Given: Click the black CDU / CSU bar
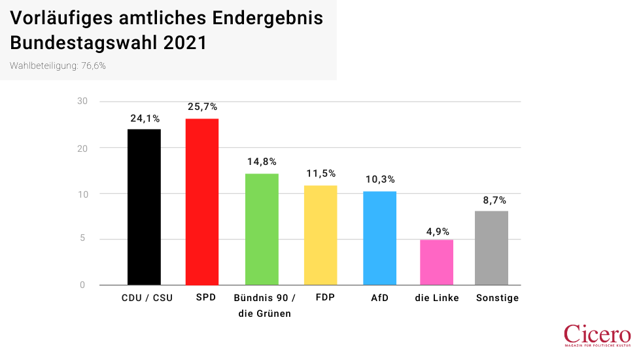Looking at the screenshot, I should pos(144,207).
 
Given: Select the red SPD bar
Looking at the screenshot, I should pos(202,202).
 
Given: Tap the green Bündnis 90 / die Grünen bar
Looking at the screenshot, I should pos(262,229).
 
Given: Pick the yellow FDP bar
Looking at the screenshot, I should pos(320,235).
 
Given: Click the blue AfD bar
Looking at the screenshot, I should pos(379,238).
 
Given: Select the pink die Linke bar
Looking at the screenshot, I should pos(436,262).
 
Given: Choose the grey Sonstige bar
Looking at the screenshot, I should pos(492,247).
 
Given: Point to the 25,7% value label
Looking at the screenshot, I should pos(202,107).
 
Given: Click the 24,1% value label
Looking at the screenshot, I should pos(144,118).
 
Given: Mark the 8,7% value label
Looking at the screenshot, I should pos(492,200).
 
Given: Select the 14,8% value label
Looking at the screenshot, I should pos(262,162).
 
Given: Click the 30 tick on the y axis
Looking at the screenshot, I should pos(82,101).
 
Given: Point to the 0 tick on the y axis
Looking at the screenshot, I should pos(82,285).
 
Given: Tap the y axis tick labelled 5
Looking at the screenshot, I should pos(82,239).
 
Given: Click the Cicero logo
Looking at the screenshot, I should pos(597,334).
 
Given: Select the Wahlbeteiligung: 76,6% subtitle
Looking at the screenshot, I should pos(58,66).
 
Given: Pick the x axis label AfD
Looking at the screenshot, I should pos(379,298).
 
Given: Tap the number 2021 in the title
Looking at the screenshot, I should pos(185,43).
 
